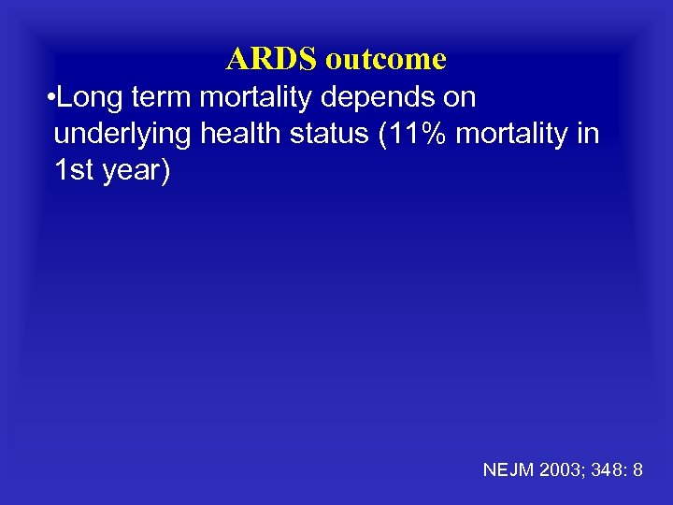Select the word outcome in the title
point(385,60)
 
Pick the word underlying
point(122,136)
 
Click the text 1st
point(73,172)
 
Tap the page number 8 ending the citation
point(637,470)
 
